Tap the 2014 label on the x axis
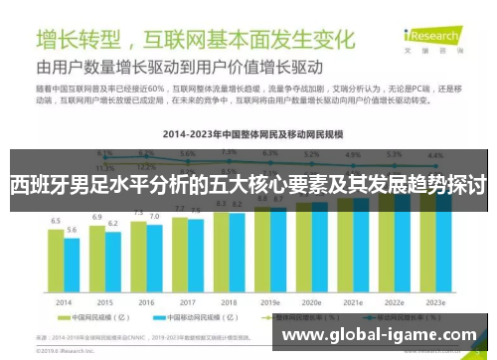pyautogui.click(x=63, y=301)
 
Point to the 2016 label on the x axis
pyautogui.click(x=145, y=301)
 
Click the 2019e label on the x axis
pyautogui.click(x=270, y=301)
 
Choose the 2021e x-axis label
pyautogui.click(x=353, y=301)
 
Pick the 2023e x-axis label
pyautogui.click(x=435, y=301)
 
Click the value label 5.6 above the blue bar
pyautogui.click(x=72, y=232)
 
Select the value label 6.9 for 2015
pyautogui.click(x=96, y=217)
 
